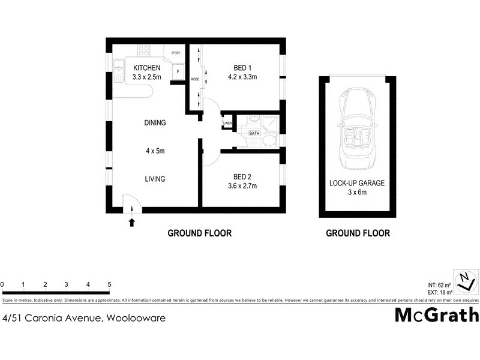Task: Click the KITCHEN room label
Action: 147,67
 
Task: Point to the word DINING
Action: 155,123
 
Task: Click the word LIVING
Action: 154,179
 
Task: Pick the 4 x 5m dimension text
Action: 155,151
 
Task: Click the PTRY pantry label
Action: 176,53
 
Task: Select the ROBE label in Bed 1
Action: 195,79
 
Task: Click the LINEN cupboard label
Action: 227,124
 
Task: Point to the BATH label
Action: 254,133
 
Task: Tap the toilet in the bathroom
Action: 269,140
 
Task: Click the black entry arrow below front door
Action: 132,223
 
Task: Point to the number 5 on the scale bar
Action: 109,284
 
